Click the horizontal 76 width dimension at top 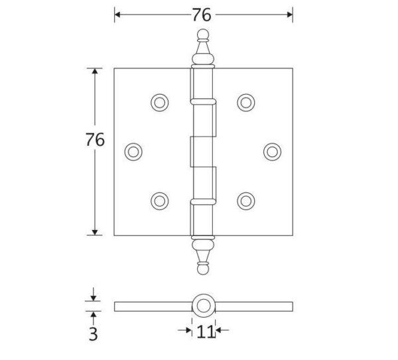(x=201, y=15)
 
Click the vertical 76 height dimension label (x=95, y=139)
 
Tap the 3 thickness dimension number (x=93, y=334)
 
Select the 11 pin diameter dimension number (x=206, y=331)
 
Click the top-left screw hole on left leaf (x=160, y=103)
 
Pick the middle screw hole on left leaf (x=133, y=152)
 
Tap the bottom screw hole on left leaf (x=160, y=201)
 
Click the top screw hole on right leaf (x=246, y=103)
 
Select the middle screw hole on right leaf (x=273, y=152)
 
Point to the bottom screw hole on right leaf (x=246, y=201)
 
